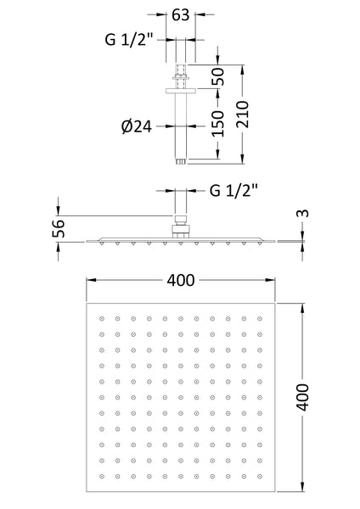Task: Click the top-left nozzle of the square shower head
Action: click(x=101, y=319)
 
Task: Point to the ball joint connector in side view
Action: click(x=180, y=226)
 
